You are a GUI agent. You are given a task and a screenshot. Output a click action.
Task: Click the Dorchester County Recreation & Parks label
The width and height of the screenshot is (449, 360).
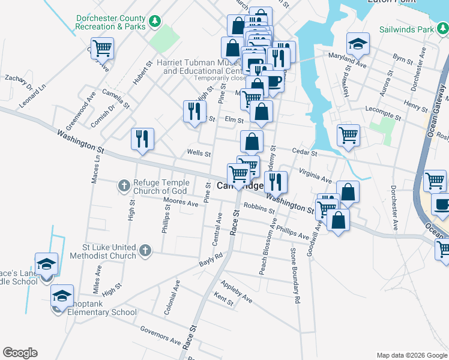pos(111,22)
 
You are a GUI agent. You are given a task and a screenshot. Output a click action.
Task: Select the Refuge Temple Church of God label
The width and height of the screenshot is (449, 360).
pos(161,187)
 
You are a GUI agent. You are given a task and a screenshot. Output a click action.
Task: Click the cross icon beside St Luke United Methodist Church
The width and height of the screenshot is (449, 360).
pos(145,251)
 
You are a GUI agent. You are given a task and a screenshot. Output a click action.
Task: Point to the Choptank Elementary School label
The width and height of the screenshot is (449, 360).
pos(103,312)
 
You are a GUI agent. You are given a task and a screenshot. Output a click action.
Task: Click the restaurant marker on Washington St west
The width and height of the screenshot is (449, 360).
pos(142,139)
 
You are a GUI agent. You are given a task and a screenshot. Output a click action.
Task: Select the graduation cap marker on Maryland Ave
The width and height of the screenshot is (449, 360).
pos(358,43)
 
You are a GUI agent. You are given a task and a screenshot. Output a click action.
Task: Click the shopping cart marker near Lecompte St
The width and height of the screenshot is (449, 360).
pos(348,135)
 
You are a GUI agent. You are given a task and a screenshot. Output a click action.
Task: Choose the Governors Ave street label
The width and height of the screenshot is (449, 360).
pos(160,336)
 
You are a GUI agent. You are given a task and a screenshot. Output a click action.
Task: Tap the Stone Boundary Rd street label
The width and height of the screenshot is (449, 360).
pos(295,275)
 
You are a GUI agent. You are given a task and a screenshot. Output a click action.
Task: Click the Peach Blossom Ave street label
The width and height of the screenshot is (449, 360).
pos(268,246)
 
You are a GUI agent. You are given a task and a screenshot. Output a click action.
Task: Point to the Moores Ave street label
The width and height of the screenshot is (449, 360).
pos(181,203)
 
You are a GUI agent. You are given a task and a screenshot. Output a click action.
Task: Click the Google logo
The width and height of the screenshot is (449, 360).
pos(20,353)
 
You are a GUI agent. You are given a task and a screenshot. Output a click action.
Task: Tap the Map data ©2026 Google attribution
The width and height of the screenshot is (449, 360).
pos(411,355)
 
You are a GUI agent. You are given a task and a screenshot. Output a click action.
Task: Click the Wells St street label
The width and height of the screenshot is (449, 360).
pos(199,154)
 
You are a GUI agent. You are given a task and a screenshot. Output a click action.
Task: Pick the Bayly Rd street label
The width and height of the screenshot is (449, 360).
pos(211,259)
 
